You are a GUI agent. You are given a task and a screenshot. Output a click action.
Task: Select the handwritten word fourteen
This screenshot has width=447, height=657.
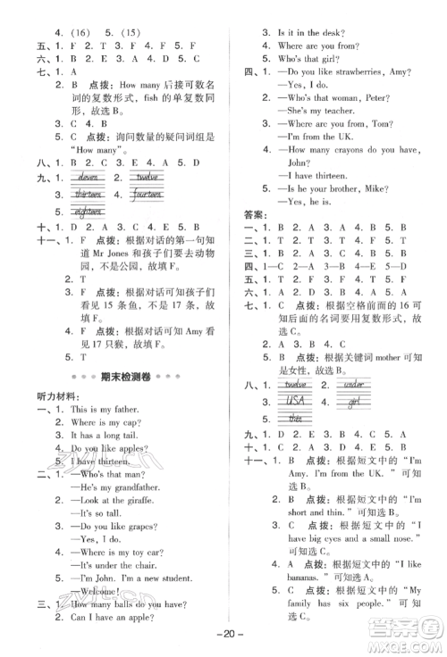click(146, 194)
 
